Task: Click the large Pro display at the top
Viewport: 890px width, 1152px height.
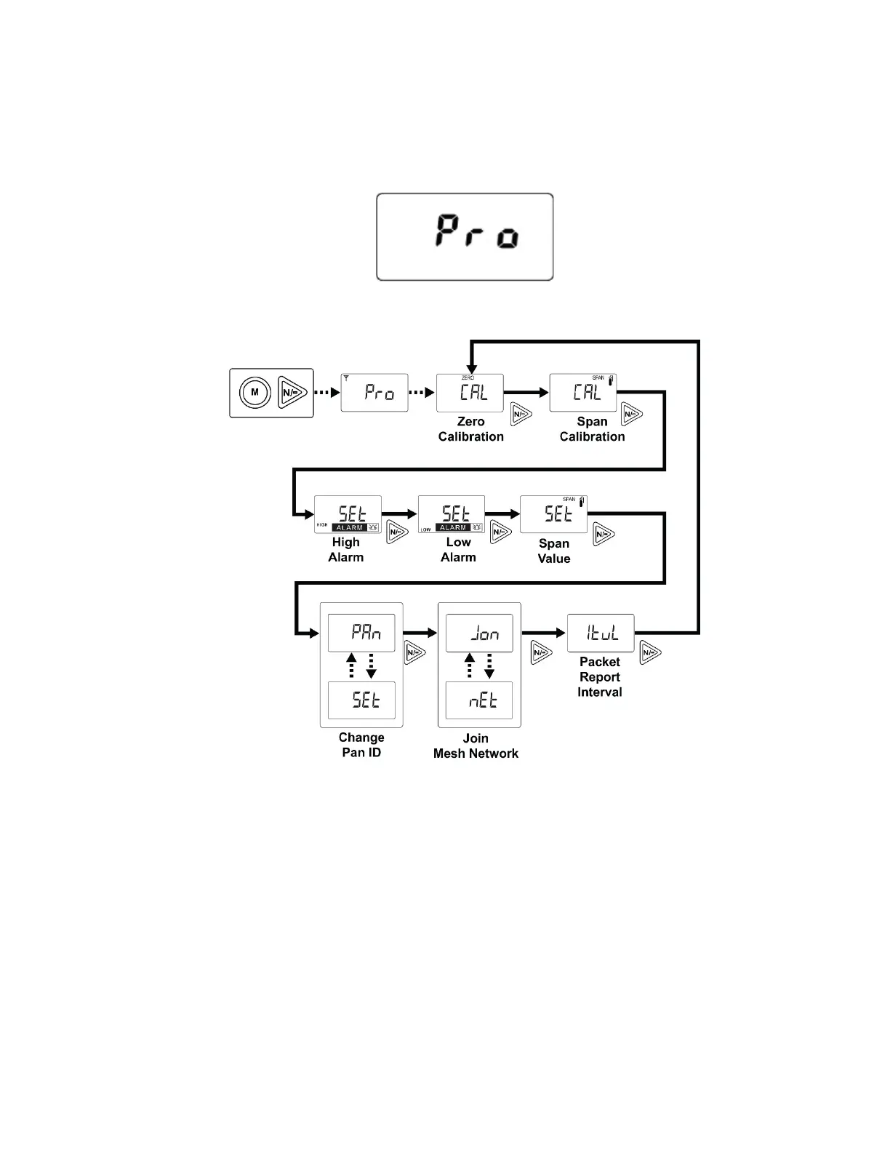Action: click(x=465, y=236)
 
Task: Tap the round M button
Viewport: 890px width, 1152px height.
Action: click(x=254, y=393)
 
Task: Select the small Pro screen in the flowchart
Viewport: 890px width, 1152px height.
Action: click(x=374, y=393)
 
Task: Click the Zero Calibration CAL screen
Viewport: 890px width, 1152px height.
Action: click(x=470, y=393)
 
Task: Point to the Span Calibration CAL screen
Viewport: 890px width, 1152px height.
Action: click(x=583, y=393)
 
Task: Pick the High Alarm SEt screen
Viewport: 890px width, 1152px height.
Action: click(x=348, y=514)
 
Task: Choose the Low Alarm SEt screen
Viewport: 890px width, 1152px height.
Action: click(x=452, y=514)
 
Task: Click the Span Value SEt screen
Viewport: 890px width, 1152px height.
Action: click(x=553, y=514)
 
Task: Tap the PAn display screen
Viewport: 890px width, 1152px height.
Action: click(x=361, y=632)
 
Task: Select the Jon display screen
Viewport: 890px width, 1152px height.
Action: click(x=479, y=632)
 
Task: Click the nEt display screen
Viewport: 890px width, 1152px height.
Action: click(x=479, y=700)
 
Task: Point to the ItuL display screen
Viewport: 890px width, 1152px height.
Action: click(x=601, y=633)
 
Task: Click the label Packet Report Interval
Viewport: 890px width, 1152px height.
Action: click(x=600, y=677)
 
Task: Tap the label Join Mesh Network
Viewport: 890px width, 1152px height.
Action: click(x=476, y=746)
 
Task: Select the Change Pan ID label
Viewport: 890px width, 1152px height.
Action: click(x=361, y=745)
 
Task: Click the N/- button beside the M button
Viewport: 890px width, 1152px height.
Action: click(x=292, y=393)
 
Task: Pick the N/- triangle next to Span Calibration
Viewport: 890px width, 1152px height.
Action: click(x=630, y=415)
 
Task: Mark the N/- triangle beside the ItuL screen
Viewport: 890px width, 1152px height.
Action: click(x=649, y=653)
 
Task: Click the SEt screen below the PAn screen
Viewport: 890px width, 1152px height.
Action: click(x=361, y=700)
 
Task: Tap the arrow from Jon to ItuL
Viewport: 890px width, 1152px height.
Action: click(x=544, y=633)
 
